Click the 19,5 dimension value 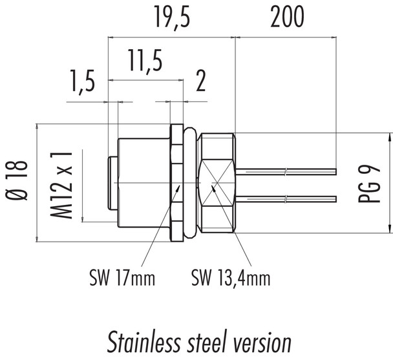click(171, 18)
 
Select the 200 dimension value click(286, 18)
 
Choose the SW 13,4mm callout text click(230, 279)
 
